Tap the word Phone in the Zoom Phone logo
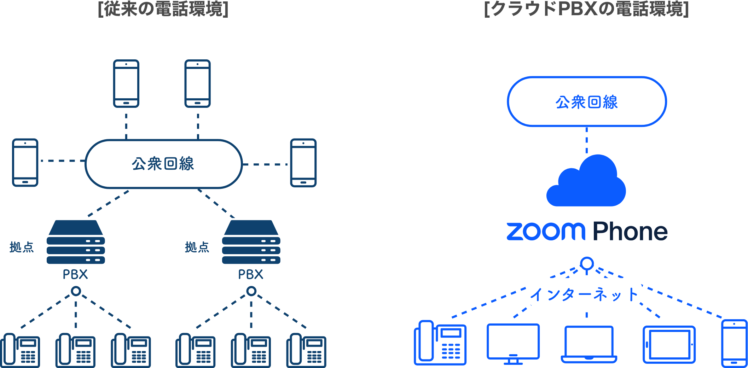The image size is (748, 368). [630, 232]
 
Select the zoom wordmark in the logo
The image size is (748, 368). [546, 232]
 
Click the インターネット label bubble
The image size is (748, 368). [584, 293]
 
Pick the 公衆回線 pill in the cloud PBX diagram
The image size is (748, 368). [586, 102]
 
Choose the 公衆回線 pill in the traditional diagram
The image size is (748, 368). [163, 164]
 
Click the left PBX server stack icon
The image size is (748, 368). [76, 243]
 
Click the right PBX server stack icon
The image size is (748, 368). [251, 243]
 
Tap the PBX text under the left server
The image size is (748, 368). [75, 274]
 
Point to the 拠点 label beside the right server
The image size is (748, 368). [197, 247]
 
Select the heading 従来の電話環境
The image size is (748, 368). [163, 8]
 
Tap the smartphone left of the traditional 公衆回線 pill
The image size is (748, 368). [25, 163]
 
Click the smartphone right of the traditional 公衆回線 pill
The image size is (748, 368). [303, 163]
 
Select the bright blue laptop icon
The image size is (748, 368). [589, 344]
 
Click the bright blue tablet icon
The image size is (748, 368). [669, 345]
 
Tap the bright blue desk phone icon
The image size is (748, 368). [440, 343]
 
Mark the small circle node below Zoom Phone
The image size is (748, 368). [587, 263]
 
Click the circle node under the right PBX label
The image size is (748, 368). [251, 291]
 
